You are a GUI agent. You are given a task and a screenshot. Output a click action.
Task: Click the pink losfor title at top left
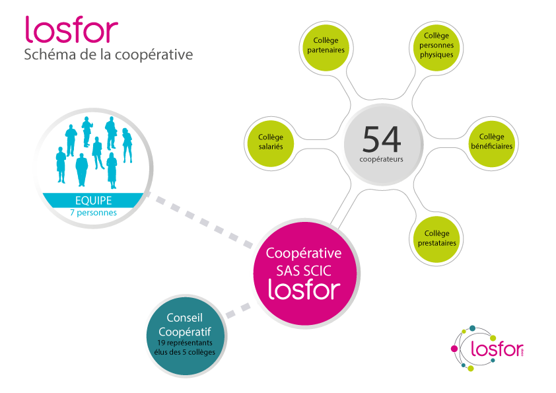point(71,29)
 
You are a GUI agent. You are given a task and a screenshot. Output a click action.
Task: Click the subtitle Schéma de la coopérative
point(108,55)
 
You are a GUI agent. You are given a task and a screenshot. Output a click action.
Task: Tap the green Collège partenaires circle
point(326,44)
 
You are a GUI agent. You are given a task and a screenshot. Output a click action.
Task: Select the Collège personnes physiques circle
point(436,44)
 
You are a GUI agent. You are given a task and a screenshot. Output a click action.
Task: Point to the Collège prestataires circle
point(436,238)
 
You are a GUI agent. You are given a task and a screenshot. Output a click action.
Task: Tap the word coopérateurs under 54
point(382,159)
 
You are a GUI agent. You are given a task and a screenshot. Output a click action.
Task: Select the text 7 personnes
point(92,213)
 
